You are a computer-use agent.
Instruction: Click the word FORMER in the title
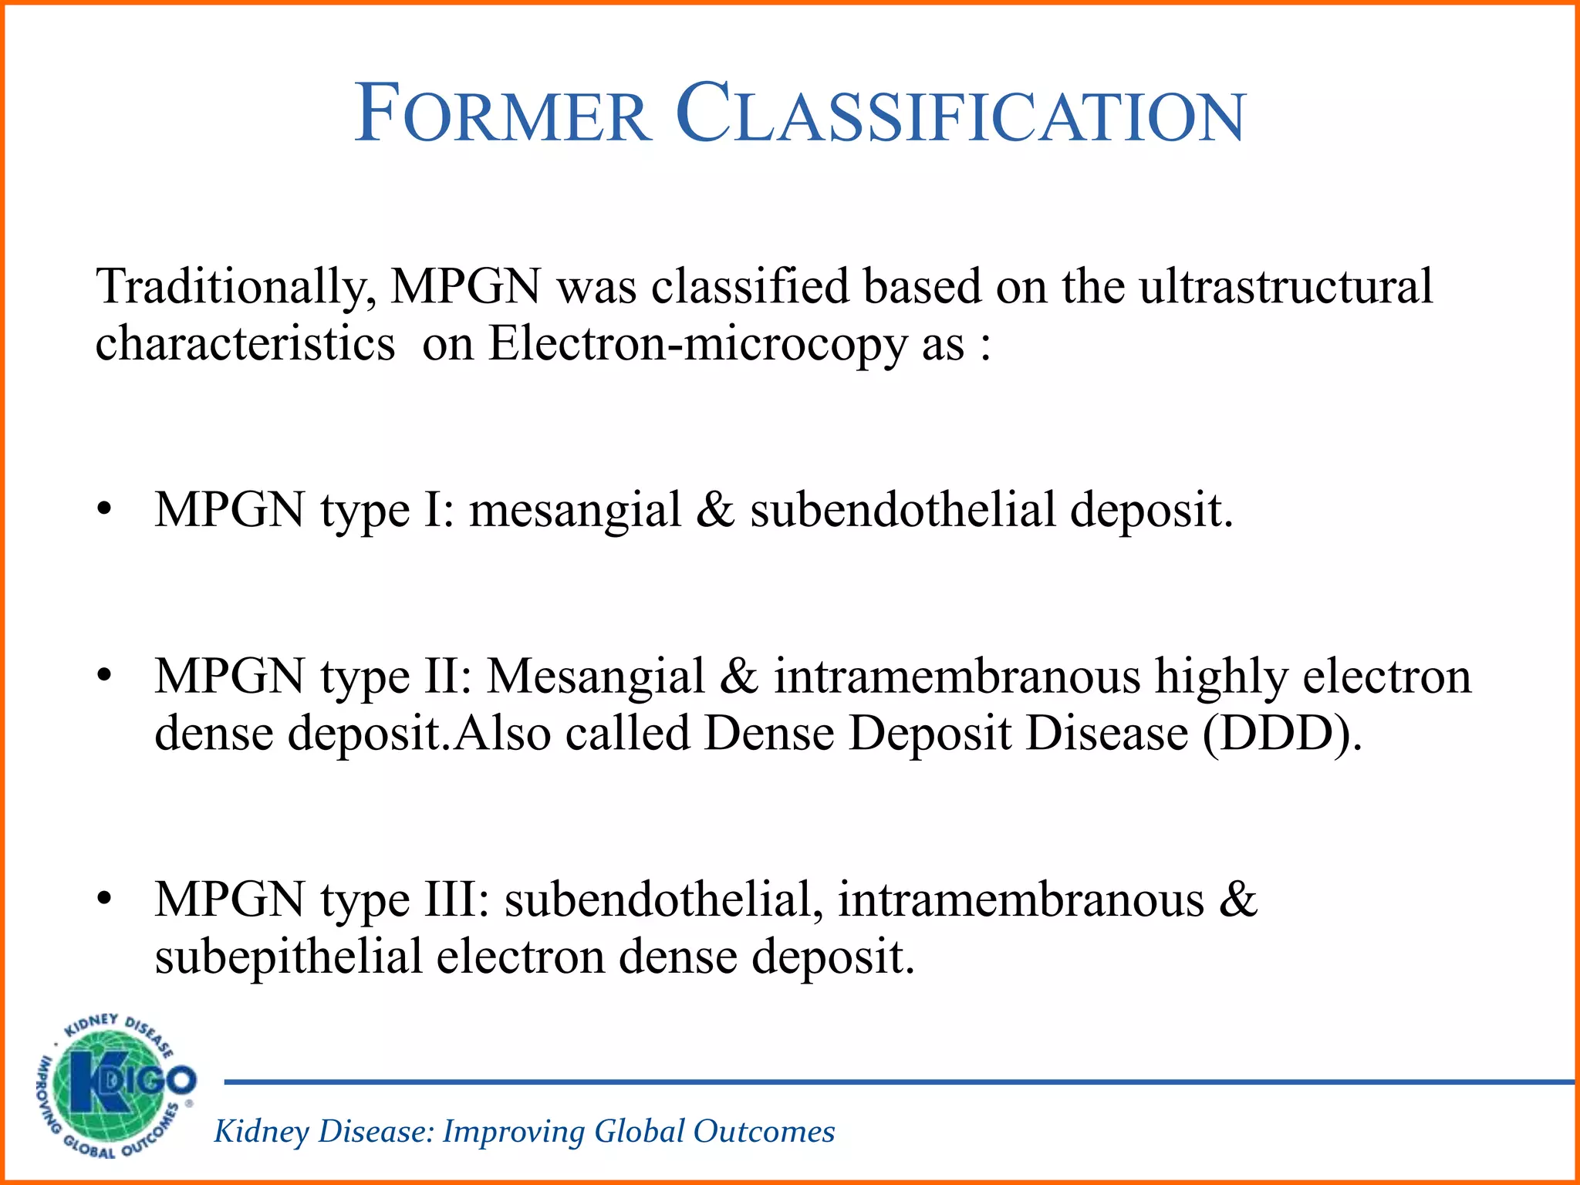(x=503, y=115)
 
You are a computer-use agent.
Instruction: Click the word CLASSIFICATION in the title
(x=960, y=115)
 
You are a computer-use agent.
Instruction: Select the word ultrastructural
(x=1285, y=285)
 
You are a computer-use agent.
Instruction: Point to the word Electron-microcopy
(x=697, y=344)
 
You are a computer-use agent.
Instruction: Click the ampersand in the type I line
(x=715, y=510)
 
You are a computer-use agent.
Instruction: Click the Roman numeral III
(x=457, y=900)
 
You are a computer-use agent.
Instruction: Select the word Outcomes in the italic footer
(x=764, y=1132)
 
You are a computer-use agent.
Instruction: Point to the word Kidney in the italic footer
(x=262, y=1132)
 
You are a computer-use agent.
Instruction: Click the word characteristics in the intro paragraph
(x=245, y=344)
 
